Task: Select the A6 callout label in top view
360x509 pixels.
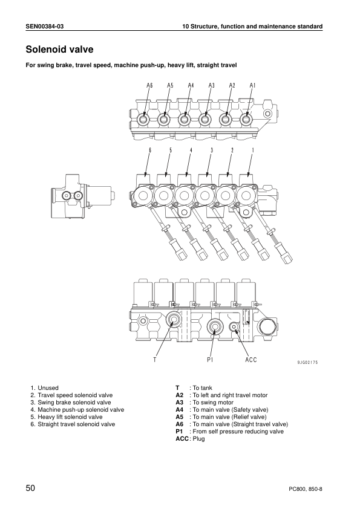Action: point(149,86)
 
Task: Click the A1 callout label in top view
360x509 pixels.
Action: point(253,86)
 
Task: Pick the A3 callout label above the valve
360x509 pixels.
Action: point(212,86)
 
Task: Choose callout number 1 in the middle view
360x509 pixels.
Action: point(252,150)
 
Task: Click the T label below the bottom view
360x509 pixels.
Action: point(155,360)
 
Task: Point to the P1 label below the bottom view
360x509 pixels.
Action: point(211,360)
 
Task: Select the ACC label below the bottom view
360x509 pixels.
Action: point(251,360)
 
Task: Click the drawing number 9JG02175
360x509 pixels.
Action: point(307,362)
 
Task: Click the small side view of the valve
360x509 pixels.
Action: point(80,197)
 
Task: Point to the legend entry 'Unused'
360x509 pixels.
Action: point(48,388)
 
